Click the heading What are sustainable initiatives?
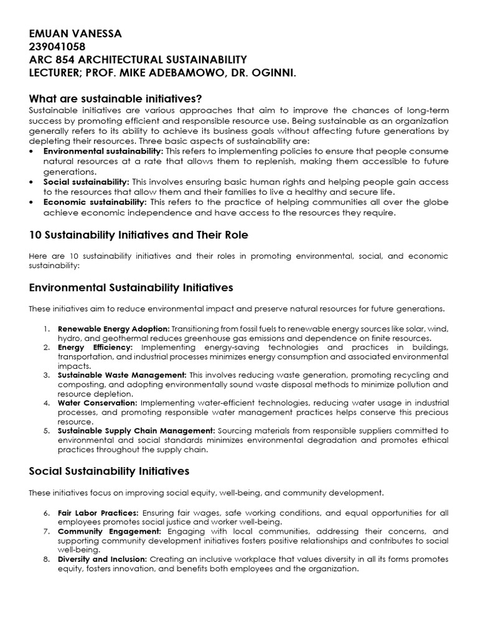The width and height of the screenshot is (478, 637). coord(116,99)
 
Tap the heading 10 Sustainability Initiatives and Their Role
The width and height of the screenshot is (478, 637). coord(139,235)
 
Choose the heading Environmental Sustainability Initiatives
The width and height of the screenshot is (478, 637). coord(131,287)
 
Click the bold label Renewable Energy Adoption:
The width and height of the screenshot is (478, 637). coord(113,328)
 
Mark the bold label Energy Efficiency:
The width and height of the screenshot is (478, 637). coord(95,347)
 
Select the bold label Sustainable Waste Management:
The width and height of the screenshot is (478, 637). coord(122,375)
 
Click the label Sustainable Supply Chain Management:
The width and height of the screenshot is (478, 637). coord(136,430)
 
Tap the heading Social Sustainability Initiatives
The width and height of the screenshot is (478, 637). coord(110,471)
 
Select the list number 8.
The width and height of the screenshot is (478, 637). coord(47,559)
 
